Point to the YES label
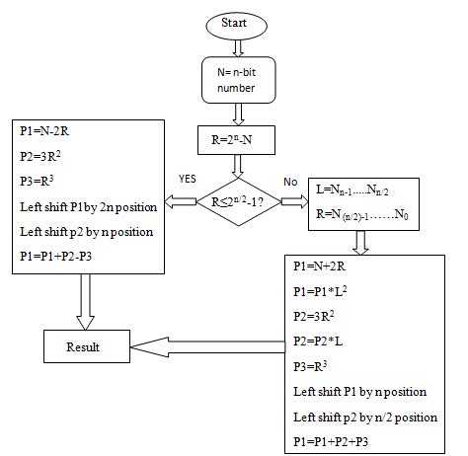188,180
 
